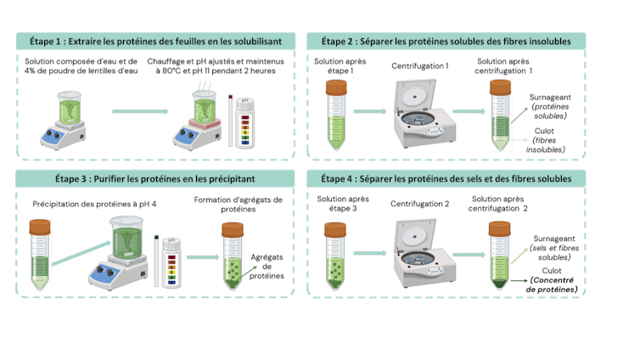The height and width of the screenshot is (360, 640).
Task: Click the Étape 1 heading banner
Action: click(155, 42)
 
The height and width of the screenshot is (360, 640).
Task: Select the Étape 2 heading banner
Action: click(446, 42)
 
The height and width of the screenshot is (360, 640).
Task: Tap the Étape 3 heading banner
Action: click(155, 179)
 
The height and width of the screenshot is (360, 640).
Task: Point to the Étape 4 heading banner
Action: click(446, 179)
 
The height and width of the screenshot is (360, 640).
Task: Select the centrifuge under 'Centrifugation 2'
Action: click(424, 253)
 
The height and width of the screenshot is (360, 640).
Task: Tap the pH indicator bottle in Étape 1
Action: click(245, 123)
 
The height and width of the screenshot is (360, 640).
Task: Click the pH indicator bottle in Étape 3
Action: click(171, 262)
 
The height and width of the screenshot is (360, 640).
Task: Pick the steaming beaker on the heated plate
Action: click(204, 107)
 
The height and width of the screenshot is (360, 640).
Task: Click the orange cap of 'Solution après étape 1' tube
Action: click(336, 87)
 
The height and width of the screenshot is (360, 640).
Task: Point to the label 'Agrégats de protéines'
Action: click(267, 267)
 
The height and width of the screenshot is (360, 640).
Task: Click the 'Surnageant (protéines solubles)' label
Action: click(550, 106)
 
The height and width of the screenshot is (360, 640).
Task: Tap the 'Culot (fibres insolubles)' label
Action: click(545, 140)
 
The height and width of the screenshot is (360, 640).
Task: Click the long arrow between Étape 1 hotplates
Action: click(140, 111)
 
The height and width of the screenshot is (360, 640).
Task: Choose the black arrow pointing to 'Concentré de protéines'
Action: click(519, 281)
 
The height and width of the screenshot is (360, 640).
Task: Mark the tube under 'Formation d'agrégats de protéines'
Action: click(233, 256)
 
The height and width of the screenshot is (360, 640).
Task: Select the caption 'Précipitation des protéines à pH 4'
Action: click(94, 204)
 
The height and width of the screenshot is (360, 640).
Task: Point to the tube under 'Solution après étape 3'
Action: click(335, 256)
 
